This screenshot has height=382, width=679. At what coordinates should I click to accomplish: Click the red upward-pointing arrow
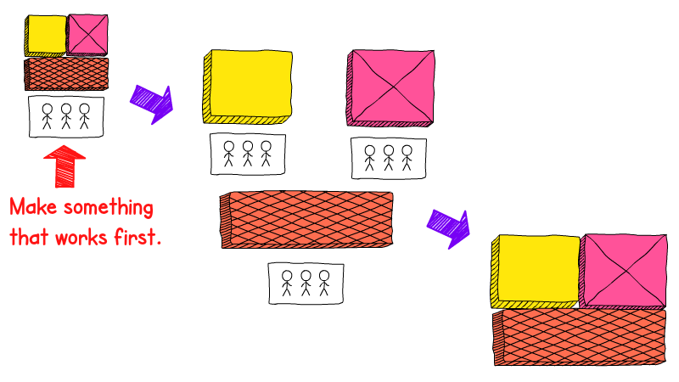(65, 166)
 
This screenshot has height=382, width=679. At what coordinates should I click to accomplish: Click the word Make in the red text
(33, 206)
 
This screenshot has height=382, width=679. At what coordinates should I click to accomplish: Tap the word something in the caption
(109, 208)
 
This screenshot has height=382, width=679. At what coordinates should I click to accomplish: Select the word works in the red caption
(81, 238)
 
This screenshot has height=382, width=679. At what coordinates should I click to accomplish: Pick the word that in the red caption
(28, 237)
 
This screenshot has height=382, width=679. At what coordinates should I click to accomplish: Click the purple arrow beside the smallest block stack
(152, 104)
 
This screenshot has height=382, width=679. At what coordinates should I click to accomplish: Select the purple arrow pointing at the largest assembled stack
(449, 228)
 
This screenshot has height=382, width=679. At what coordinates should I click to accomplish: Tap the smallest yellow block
(46, 36)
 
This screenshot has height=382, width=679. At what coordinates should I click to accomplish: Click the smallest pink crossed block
(87, 35)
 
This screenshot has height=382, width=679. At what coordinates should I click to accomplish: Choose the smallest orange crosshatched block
(66, 74)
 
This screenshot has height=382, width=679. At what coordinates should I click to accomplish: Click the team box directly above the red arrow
(66, 116)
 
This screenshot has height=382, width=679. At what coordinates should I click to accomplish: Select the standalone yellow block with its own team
(248, 87)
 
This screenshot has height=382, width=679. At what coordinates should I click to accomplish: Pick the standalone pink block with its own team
(390, 88)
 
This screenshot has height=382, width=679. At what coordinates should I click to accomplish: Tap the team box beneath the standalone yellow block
(248, 154)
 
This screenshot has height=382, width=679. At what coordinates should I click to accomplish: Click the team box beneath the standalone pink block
(389, 158)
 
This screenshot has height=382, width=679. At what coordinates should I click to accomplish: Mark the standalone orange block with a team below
(306, 220)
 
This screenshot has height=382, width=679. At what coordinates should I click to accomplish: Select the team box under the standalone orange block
(306, 284)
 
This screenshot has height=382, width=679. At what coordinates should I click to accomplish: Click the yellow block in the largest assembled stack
(536, 272)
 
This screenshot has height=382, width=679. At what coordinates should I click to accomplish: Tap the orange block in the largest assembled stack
(580, 337)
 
